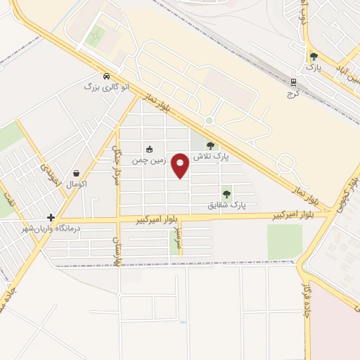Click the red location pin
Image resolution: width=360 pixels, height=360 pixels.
point(181,164)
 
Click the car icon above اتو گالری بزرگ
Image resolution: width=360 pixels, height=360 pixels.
point(107,76)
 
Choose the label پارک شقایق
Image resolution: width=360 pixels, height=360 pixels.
point(226,205)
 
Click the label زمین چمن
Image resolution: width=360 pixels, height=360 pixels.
point(149,160)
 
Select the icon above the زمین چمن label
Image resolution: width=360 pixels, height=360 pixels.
point(149,149)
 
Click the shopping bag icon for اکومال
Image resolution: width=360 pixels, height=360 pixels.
point(75,173)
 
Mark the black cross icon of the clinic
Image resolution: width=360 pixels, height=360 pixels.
point(51,217)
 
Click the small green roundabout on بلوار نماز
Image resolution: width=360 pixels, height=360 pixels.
point(208,121)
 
